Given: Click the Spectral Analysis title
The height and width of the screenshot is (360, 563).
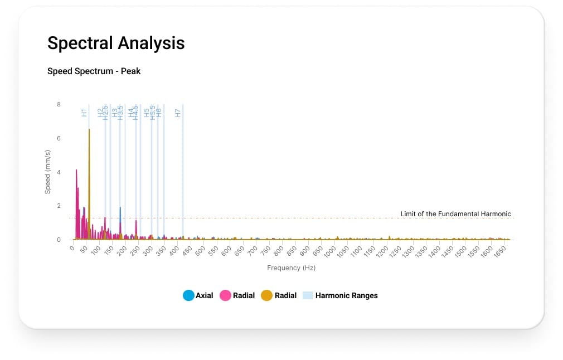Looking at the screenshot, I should tap(116, 43).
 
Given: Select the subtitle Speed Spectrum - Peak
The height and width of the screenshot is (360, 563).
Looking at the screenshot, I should tap(94, 71).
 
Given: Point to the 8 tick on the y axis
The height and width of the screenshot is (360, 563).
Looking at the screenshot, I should tap(59, 104).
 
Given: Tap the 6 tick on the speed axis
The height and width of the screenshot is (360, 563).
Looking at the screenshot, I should tap(59, 138).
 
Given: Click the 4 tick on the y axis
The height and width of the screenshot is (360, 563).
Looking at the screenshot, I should tap(59, 172).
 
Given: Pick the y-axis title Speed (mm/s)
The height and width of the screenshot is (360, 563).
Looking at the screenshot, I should tap(48, 172).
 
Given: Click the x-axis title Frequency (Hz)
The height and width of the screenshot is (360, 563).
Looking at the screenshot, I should tap(291, 268).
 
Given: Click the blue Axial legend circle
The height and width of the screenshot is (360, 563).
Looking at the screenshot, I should tap(188, 295).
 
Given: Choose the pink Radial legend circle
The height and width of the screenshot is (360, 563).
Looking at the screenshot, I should tap(226, 295).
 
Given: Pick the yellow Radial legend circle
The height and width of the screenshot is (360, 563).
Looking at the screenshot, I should tap(267, 295).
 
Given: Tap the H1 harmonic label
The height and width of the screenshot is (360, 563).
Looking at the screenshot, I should tap(84, 113).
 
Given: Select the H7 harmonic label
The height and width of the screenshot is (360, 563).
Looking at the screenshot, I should tap(178, 113).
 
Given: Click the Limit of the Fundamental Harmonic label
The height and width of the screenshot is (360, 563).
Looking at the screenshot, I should tap(455, 214).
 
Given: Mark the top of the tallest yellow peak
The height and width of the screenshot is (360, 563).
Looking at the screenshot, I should tap(89, 130).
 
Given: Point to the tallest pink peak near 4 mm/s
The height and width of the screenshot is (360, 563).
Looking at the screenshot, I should tap(76, 171).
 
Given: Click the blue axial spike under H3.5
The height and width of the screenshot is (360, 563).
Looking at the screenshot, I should tap(120, 208).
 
